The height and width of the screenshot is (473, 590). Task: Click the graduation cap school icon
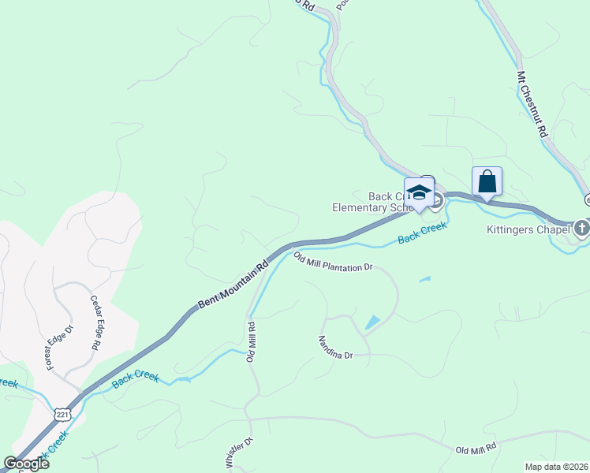420,193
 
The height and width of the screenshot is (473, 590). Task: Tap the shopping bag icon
487,181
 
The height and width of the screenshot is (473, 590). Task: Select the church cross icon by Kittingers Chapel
582,228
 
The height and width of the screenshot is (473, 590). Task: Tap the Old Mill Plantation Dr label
333,261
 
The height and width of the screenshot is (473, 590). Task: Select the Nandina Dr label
335,348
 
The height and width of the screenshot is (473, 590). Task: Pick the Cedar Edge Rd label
95,322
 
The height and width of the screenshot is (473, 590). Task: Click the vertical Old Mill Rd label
252,341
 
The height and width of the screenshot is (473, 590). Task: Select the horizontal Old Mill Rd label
476,448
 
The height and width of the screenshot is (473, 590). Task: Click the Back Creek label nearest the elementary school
422,231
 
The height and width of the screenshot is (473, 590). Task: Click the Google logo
27,463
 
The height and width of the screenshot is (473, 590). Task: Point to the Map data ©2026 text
555,467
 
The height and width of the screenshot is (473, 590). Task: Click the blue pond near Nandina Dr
372,322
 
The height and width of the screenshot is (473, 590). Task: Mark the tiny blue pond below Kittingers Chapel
425,278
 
